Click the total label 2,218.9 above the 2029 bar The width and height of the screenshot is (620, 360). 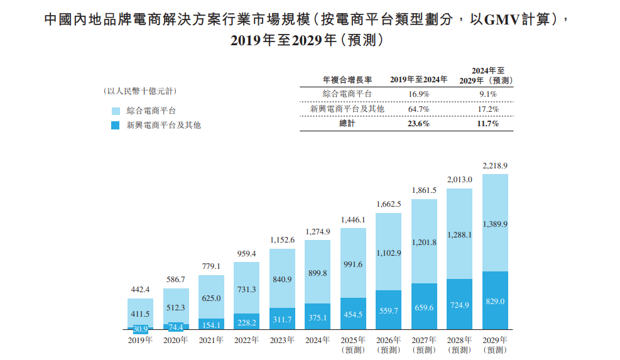[495, 166]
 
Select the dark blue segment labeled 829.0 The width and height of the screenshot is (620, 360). [495, 301]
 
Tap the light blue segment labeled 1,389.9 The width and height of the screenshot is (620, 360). [495, 224]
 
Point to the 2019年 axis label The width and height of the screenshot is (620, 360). [140, 340]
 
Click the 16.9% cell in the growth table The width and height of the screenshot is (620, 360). [418, 94]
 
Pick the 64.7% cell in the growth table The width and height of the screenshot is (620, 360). [418, 109]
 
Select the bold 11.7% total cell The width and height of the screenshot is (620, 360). [487, 124]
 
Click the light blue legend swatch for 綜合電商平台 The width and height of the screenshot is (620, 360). [115, 111]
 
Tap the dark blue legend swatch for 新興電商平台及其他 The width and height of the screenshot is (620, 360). [115, 125]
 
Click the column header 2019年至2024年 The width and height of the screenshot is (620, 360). [418, 80]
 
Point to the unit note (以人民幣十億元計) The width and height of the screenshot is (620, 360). [140, 91]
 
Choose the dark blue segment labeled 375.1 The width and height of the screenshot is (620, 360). [317, 317]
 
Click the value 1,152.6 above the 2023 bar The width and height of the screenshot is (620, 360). [282, 240]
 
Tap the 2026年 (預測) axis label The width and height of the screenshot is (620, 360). [388, 344]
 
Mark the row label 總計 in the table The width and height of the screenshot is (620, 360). [347, 124]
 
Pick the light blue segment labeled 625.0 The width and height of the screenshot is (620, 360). [211, 298]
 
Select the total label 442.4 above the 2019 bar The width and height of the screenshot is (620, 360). [140, 290]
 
